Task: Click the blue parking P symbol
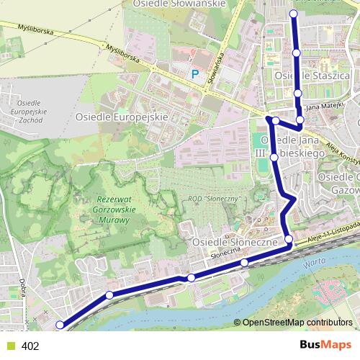point(194,73)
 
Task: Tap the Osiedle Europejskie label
point(121,116)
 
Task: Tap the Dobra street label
point(23,287)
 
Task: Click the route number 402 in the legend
point(30,346)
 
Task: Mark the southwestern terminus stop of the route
point(60,325)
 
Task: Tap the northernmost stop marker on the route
point(293,14)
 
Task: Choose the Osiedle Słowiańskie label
point(179,4)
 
